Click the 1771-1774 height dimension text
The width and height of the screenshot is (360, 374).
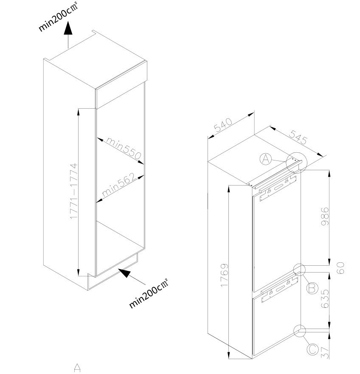click(74, 191)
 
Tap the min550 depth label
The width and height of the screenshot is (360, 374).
click(124, 148)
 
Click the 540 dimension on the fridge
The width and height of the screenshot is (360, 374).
click(222, 125)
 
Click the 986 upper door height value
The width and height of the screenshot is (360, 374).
click(325, 217)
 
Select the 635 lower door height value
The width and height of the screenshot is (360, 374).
click(325, 298)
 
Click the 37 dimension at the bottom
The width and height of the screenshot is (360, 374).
click(325, 352)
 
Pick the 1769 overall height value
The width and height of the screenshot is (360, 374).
click(224, 275)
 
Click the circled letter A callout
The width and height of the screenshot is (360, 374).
click(266, 159)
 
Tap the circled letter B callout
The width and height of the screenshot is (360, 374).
click(312, 288)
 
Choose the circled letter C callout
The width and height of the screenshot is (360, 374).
click(312, 349)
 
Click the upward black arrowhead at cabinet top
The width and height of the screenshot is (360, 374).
click(68, 28)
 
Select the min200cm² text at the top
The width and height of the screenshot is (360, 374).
click(59, 17)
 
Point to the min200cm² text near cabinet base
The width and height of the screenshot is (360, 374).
click(149, 293)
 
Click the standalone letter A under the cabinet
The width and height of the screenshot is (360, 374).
click(77, 368)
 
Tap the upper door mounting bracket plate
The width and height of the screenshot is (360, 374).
click(278, 188)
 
